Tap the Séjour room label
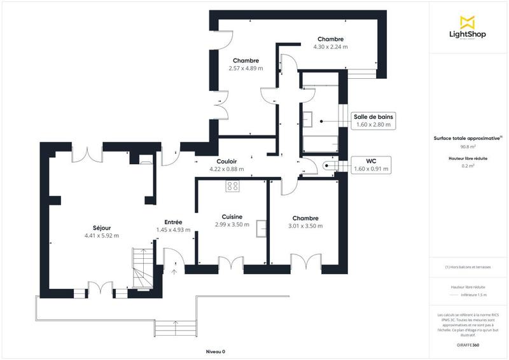(x=102, y=227)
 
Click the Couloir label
(x=227, y=162)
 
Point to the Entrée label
(x=173, y=222)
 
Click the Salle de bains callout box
(x=373, y=120)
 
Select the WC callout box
(x=372, y=165)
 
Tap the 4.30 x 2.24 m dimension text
(x=330, y=46)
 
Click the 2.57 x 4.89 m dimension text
(x=246, y=68)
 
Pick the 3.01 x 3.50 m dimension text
(x=305, y=226)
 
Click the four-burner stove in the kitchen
(x=232, y=186)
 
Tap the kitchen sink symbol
(x=261, y=228)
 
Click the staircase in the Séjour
(x=143, y=268)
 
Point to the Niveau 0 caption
(x=215, y=352)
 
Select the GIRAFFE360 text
(x=468, y=343)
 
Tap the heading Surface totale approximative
(x=468, y=137)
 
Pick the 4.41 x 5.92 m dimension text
(x=102, y=236)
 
